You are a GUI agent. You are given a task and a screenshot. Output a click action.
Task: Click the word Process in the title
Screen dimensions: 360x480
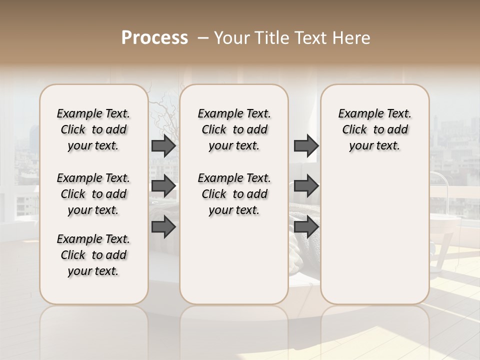(x=154, y=38)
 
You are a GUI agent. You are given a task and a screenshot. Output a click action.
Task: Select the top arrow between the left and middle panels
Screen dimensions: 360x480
(x=163, y=146)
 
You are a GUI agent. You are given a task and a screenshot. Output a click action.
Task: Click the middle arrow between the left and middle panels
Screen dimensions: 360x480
(x=163, y=186)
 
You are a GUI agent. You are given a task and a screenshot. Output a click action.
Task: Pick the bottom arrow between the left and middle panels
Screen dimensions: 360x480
(x=163, y=227)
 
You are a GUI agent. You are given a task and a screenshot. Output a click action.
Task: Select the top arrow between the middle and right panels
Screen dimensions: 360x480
(x=306, y=146)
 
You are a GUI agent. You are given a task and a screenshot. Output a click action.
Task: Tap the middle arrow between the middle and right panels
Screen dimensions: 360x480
(x=306, y=186)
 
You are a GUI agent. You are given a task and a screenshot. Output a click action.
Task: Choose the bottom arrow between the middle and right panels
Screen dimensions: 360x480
(x=306, y=227)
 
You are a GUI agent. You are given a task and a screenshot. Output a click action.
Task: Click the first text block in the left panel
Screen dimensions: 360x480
(x=93, y=129)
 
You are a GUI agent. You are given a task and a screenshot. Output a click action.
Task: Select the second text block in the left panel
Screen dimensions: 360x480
(x=93, y=194)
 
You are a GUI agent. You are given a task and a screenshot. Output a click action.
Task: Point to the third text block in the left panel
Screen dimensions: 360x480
(x=93, y=255)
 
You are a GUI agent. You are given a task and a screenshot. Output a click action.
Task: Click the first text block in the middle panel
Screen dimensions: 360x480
(x=234, y=129)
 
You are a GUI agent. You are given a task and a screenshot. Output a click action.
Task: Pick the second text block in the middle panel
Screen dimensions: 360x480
(x=234, y=194)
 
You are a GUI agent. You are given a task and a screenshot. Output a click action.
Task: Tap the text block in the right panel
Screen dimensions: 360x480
(x=375, y=129)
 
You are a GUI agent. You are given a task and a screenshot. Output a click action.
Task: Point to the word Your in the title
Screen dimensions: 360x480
(x=232, y=38)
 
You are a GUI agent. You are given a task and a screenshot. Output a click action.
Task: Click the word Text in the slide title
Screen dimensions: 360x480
(x=310, y=38)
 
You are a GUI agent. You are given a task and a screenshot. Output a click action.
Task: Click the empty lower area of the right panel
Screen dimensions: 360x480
(x=375, y=235)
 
